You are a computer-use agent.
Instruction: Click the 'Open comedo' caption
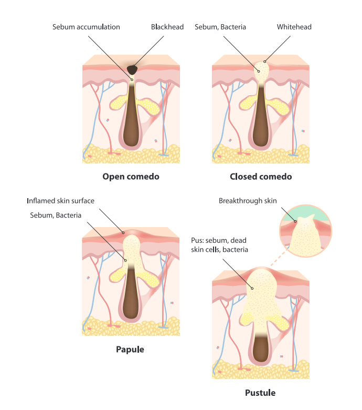click(131, 177)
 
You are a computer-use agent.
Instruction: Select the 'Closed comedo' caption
click(261, 177)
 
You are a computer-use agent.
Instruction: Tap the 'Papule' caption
click(130, 349)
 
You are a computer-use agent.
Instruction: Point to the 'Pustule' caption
click(260, 393)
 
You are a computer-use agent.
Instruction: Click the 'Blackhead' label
click(167, 27)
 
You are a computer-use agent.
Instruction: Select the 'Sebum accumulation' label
click(87, 27)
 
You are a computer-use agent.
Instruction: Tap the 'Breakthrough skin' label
click(248, 200)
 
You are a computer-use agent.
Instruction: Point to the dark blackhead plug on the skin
click(132, 69)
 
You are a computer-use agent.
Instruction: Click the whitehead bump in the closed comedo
click(261, 68)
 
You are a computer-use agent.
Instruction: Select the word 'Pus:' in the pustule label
click(198, 240)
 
